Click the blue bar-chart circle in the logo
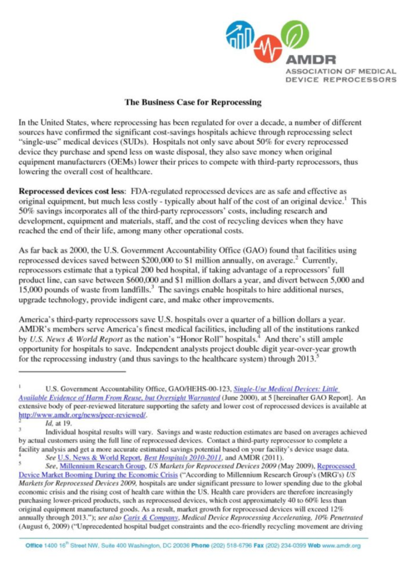[240, 35]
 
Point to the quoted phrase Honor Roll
[211, 339]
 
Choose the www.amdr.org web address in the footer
[341, 546]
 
